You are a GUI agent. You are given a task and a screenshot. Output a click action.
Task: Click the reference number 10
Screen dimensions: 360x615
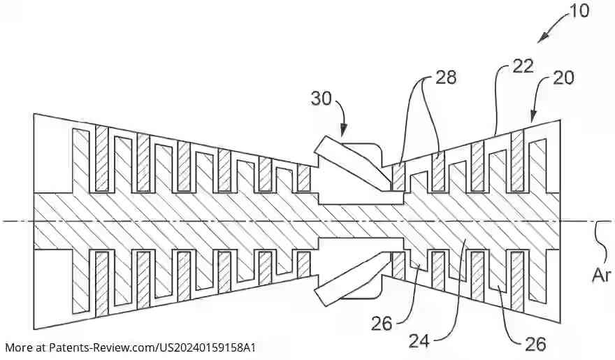coord(579,10)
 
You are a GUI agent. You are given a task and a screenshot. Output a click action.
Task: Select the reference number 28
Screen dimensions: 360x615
coord(445,78)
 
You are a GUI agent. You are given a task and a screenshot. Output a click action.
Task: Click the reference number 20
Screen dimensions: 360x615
coord(563,78)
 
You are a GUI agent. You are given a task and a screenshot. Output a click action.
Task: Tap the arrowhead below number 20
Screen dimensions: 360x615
coord(533,121)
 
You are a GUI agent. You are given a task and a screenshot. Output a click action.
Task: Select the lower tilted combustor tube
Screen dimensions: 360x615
coord(349,280)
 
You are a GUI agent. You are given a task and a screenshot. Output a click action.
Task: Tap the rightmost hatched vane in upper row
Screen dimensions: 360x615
coord(518,161)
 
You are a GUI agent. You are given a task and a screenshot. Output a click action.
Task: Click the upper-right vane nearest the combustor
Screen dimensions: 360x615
coord(398,177)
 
